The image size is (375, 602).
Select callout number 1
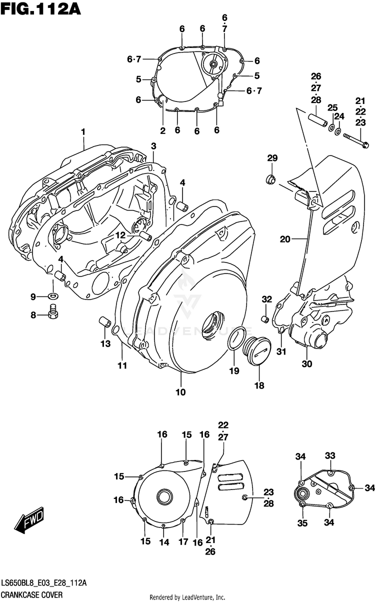[83, 132]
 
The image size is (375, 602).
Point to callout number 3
[153, 146]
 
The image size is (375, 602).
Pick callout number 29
[271, 158]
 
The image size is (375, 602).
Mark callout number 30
[306, 364]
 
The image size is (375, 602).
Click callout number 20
[285, 239]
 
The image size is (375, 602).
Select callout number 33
[329, 455]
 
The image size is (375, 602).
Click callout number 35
[301, 523]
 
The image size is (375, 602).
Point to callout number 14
[164, 541]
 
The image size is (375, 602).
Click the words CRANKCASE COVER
[30, 595]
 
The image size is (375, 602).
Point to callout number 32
[266, 299]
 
